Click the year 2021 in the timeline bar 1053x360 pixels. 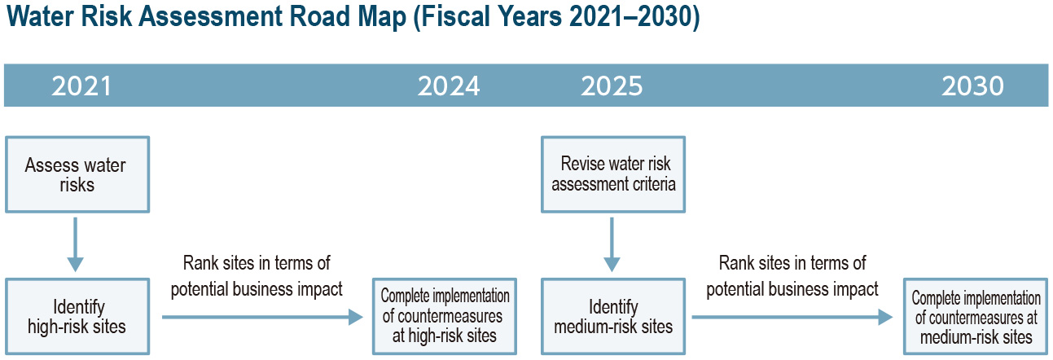(81, 86)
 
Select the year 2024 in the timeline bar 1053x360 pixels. (449, 86)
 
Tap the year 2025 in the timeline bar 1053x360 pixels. (612, 86)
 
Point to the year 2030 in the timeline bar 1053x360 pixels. (972, 86)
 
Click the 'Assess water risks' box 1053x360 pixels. (77, 175)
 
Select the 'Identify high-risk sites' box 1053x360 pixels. (77, 316)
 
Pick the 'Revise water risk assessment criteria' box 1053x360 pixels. (613, 175)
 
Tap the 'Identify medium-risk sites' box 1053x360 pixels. (613, 316)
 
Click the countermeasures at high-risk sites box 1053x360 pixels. (445, 316)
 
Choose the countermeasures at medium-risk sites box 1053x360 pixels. (976, 316)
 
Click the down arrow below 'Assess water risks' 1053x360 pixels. (75, 244)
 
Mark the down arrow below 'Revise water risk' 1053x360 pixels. (612, 244)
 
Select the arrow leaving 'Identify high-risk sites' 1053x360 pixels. (263, 317)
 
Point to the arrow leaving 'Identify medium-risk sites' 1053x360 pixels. (792, 317)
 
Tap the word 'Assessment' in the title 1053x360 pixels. (211, 16)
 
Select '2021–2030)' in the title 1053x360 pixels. (634, 17)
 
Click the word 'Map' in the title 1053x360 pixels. (382, 17)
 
